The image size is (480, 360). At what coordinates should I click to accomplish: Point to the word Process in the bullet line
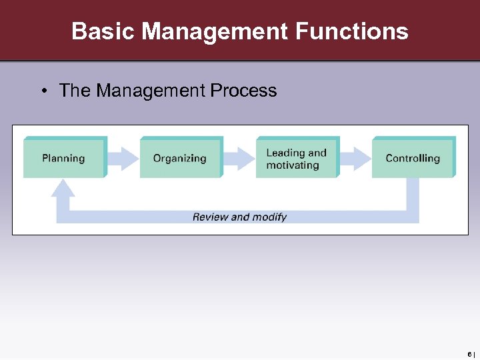click(x=245, y=91)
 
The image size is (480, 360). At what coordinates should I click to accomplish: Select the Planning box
click(x=64, y=158)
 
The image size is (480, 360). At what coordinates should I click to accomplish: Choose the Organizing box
click(x=180, y=158)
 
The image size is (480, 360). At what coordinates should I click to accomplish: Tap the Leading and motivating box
click(x=297, y=158)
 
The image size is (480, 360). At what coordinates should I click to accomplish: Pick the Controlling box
click(x=413, y=158)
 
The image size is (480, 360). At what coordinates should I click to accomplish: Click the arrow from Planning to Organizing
click(x=123, y=158)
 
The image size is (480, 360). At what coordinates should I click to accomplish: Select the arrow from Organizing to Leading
click(x=239, y=158)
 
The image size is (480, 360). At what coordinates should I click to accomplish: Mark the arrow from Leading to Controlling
click(x=355, y=158)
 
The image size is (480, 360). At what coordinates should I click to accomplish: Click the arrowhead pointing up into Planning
click(x=63, y=189)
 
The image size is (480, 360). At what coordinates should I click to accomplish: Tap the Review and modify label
click(x=239, y=217)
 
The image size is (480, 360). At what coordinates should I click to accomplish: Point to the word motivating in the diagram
click(x=293, y=165)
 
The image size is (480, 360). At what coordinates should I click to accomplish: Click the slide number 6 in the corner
click(x=470, y=353)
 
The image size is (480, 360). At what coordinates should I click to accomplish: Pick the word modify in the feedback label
click(x=270, y=217)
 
